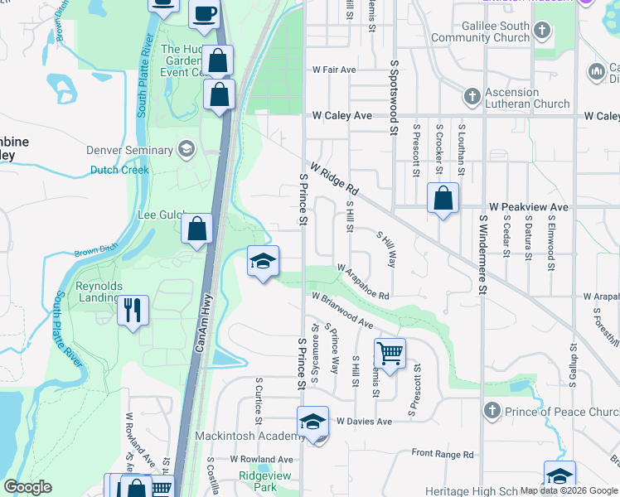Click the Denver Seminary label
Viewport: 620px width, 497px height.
(131, 151)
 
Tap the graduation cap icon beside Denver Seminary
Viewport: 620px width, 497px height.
(186, 150)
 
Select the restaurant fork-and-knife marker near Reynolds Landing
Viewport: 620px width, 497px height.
(133, 311)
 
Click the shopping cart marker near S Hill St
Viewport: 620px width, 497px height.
(390, 354)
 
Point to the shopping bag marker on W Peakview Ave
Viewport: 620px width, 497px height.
(443, 200)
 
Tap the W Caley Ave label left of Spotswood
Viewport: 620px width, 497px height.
(341, 116)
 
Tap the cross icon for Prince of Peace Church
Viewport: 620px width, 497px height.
(492, 411)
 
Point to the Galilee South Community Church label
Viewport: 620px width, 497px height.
(492, 31)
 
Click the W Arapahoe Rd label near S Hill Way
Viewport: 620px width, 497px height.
(363, 281)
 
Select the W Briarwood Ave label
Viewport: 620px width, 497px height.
(342, 307)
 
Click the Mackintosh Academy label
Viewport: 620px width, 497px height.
(246, 437)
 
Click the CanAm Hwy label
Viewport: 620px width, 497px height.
(203, 324)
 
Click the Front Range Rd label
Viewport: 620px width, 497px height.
(443, 454)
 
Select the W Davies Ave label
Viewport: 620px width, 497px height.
(364, 422)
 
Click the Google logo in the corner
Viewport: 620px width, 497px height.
(28, 487)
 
